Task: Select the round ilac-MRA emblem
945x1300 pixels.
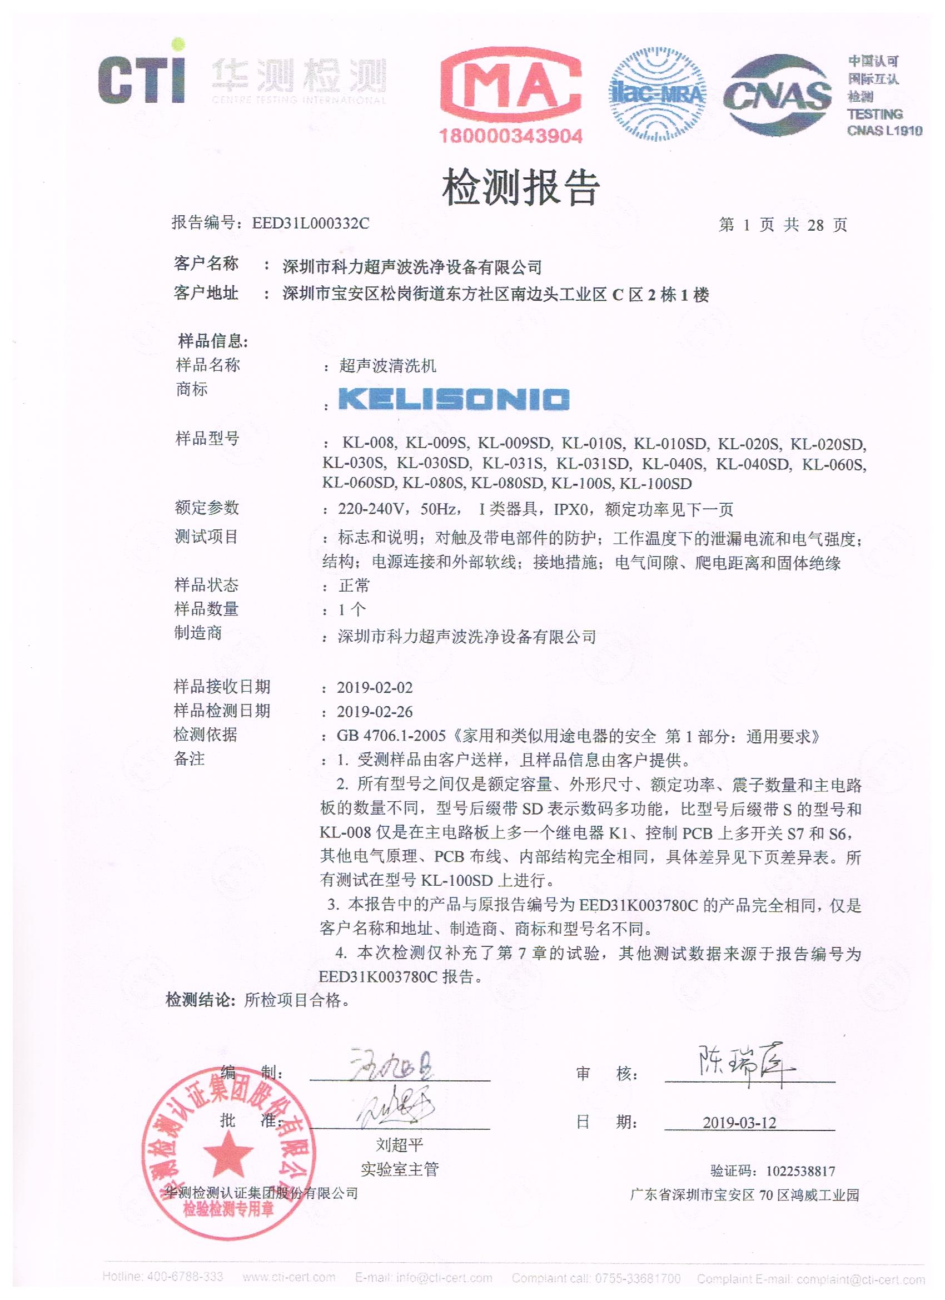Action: coord(656,95)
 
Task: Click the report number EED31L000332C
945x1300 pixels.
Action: coord(311,223)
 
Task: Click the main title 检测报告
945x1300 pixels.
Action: coord(521,187)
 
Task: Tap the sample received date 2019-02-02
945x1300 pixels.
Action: coord(374,687)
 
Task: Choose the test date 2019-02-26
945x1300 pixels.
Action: coord(374,711)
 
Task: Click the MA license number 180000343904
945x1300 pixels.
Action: coord(511,136)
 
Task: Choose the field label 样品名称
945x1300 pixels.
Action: coord(207,365)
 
